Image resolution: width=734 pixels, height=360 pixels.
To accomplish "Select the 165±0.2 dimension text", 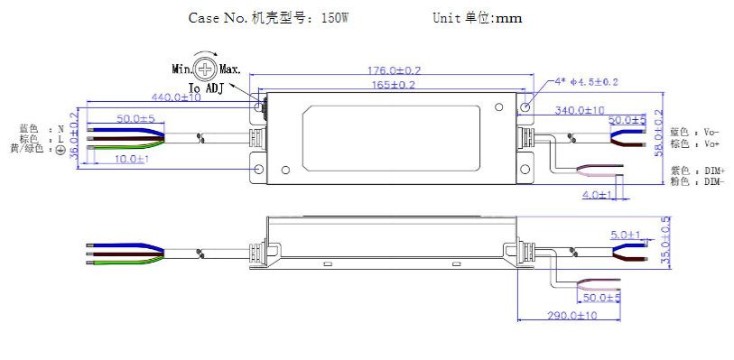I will (391, 85).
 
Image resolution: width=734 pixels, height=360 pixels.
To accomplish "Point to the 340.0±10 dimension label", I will (580, 110).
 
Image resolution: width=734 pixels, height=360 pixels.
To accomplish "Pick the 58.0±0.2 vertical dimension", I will (659, 134).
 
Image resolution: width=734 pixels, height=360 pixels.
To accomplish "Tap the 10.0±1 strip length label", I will (132, 159).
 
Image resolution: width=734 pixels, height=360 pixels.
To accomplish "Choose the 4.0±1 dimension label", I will (598, 194).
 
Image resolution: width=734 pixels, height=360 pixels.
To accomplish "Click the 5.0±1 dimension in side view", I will (625, 235).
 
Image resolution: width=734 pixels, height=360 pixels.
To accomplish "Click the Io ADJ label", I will (206, 88).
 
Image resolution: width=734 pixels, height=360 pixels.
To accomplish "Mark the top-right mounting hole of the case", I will (523, 106).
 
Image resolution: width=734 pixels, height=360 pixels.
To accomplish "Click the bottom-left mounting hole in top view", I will (259, 170).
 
